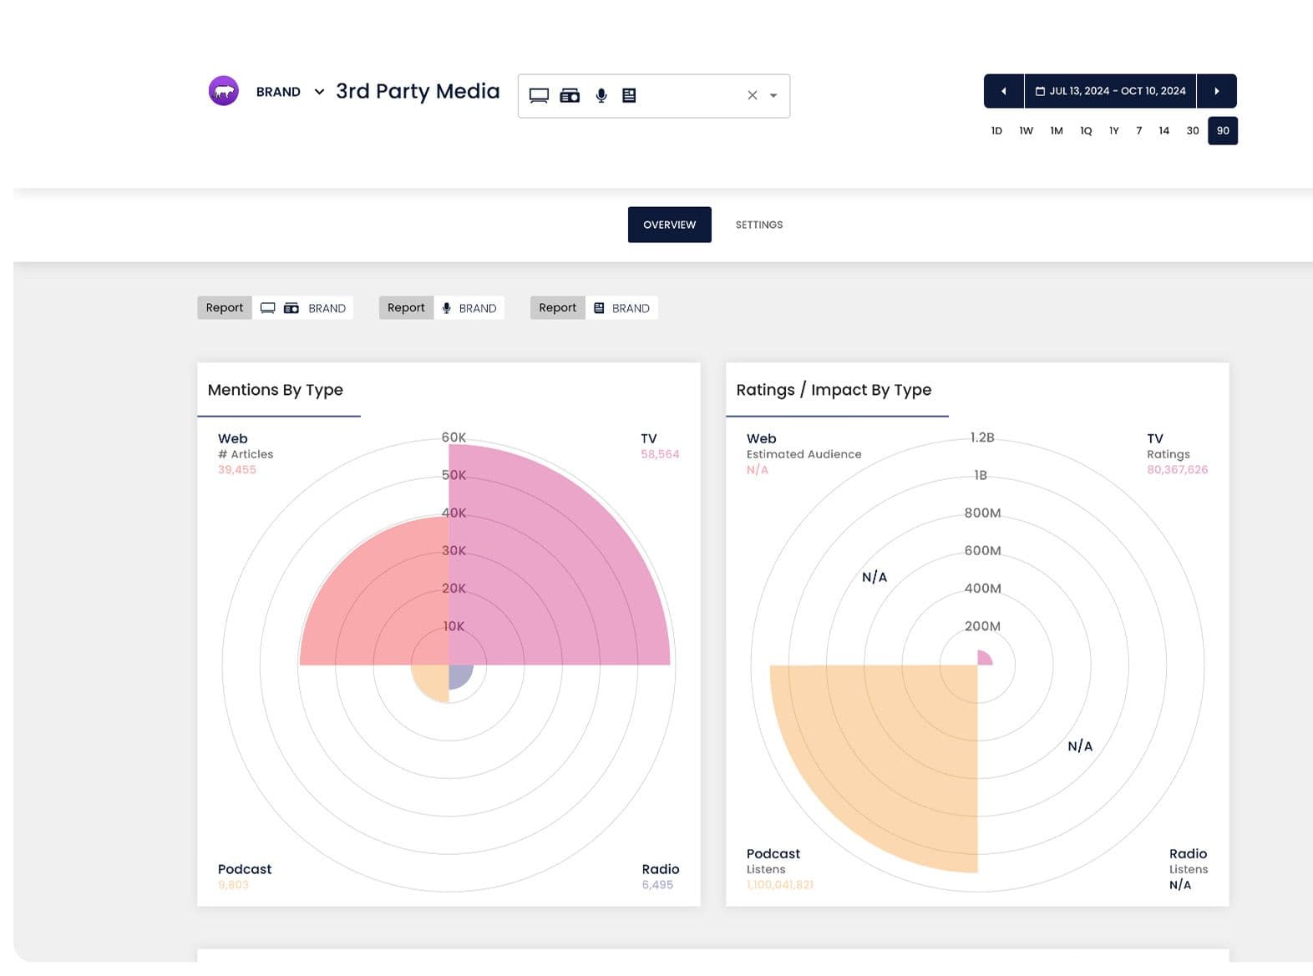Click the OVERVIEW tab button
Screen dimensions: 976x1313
(x=669, y=225)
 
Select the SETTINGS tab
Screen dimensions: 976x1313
(x=758, y=225)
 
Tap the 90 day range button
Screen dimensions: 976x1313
(x=1222, y=131)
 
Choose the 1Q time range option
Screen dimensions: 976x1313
(x=1085, y=131)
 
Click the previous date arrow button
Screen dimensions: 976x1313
(x=1003, y=91)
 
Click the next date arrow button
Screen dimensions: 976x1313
(x=1216, y=91)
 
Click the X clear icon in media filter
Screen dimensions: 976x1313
(x=752, y=95)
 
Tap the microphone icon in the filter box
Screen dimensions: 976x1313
(x=601, y=95)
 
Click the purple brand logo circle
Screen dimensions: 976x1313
(x=223, y=91)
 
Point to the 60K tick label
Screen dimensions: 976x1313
(x=454, y=437)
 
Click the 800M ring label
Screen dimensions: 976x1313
(x=982, y=513)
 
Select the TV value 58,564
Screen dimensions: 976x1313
(x=659, y=454)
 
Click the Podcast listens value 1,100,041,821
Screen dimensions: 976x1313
(x=779, y=884)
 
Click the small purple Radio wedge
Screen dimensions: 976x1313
(x=459, y=675)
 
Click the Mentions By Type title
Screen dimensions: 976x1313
(x=275, y=390)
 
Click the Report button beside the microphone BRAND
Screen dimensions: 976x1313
(x=406, y=308)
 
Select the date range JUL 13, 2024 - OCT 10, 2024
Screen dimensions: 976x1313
(x=1110, y=91)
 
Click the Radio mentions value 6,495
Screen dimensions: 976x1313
(x=656, y=885)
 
